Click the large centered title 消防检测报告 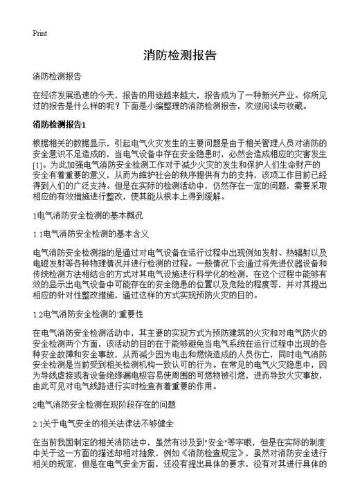coord(179,55)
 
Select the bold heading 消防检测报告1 coord(58,125)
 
